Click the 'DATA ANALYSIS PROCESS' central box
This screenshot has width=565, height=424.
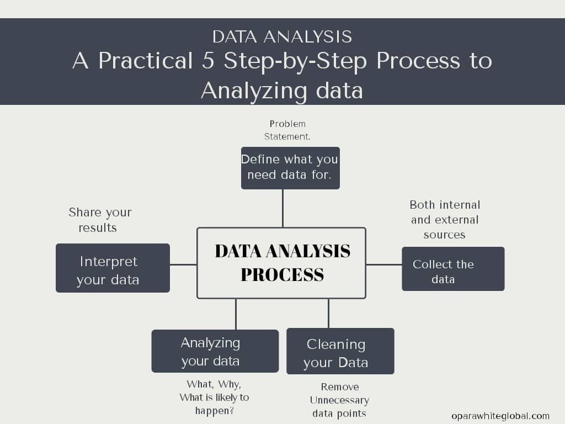click(281, 263)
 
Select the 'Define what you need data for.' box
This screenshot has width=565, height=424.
click(290, 168)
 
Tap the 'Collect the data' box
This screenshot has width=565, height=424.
click(453, 269)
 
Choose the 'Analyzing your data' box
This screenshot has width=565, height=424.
click(215, 351)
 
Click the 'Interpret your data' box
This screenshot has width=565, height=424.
click(113, 268)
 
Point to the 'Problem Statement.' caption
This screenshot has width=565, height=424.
click(287, 130)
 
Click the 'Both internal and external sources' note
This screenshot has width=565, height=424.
click(445, 219)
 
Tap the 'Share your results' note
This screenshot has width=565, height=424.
click(99, 220)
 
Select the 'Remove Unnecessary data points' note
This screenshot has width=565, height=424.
click(339, 400)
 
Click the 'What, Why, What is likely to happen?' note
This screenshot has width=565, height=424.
click(214, 397)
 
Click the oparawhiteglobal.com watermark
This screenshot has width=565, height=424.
click(500, 416)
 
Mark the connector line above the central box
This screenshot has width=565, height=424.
click(282, 208)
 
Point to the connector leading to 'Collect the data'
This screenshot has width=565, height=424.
click(383, 264)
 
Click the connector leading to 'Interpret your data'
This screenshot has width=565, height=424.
click(183, 264)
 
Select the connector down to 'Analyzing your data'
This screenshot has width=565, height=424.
click(236, 314)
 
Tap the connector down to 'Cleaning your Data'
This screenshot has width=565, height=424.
click(328, 314)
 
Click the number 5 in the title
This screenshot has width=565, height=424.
click(207, 61)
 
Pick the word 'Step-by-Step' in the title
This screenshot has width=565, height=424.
click(295, 61)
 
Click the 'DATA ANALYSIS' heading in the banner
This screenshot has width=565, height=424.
click(282, 36)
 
